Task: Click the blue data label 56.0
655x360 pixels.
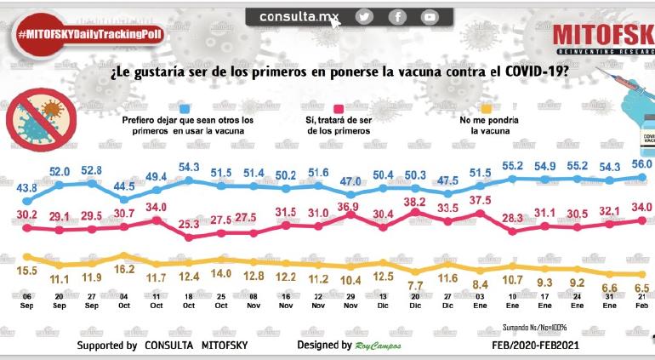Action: tap(641, 164)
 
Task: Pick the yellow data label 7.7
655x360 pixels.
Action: tap(416, 285)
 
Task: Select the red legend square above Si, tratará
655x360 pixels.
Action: tap(338, 107)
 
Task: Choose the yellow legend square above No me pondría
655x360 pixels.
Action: tap(487, 107)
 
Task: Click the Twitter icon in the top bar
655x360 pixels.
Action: tap(364, 16)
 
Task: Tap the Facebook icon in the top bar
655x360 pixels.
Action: tap(397, 16)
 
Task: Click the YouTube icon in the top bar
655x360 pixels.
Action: tap(430, 16)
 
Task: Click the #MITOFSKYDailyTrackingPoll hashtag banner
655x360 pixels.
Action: tap(89, 32)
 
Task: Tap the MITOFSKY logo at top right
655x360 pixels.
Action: tap(601, 35)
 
